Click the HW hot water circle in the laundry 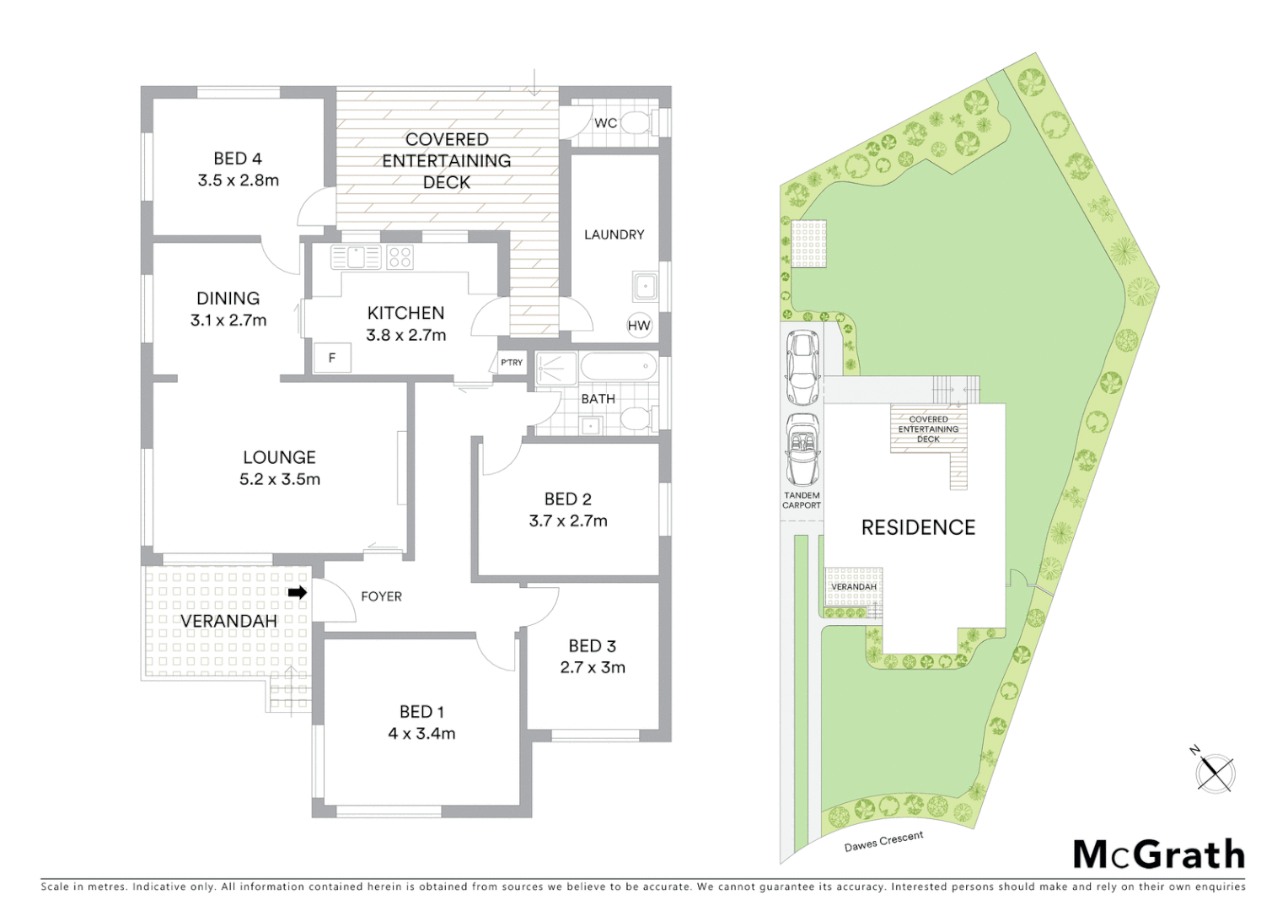(639, 326)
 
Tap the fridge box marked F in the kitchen (332, 358)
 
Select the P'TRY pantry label (512, 363)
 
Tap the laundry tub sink (646, 287)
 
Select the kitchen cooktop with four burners (400, 256)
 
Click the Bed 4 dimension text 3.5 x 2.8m (238, 180)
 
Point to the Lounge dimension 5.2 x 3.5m (279, 479)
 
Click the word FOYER (381, 596)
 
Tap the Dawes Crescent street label (884, 841)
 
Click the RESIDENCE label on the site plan (918, 527)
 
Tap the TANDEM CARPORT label (801, 500)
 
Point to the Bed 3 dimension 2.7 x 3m (592, 667)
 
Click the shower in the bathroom (555, 369)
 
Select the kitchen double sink (357, 256)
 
